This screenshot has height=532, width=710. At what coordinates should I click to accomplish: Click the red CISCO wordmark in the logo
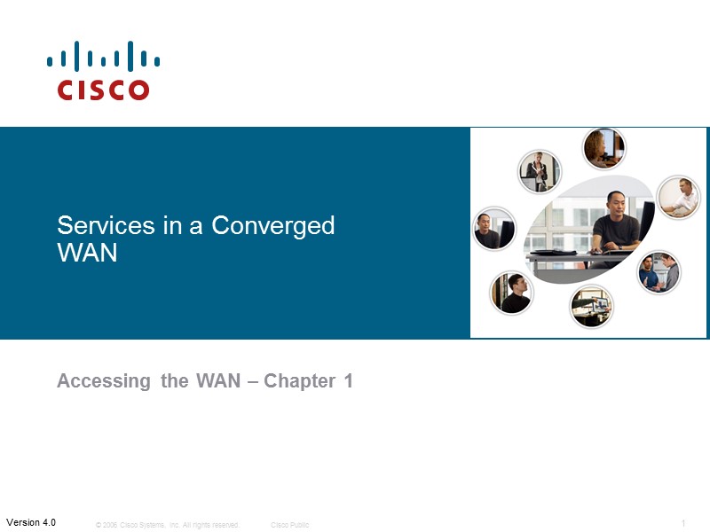tap(104, 90)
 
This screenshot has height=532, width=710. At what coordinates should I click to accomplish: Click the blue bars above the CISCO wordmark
tap(104, 56)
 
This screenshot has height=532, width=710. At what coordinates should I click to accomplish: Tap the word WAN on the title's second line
tap(87, 253)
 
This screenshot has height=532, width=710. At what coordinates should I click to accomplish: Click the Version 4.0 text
tap(31, 522)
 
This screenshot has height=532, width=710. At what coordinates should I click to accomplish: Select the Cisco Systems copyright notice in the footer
tap(167, 525)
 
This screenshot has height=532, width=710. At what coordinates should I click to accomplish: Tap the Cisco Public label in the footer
tap(290, 525)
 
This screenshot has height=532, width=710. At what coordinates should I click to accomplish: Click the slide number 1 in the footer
tap(683, 523)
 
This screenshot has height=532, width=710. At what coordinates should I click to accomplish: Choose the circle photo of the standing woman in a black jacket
tap(539, 170)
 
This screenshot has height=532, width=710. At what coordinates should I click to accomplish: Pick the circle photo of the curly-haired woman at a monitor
tap(604, 148)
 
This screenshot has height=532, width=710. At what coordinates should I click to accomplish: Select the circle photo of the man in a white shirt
tap(678, 197)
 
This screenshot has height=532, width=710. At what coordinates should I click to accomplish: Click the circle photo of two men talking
tap(659, 271)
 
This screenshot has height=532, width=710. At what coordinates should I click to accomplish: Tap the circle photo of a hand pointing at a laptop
tap(591, 306)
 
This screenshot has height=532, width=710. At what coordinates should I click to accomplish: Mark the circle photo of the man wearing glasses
tap(512, 293)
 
